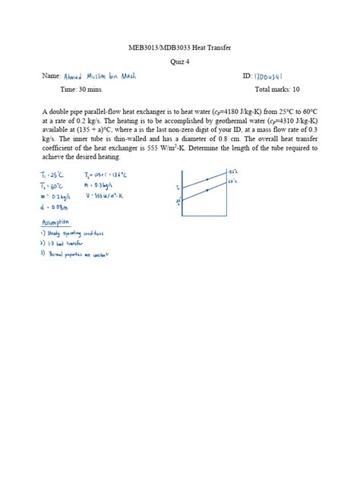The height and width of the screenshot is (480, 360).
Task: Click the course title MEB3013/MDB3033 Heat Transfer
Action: pyautogui.click(x=179, y=48)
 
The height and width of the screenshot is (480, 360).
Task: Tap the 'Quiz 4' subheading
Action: pyautogui.click(x=179, y=62)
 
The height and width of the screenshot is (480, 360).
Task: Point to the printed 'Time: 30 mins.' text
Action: pyautogui.click(x=81, y=89)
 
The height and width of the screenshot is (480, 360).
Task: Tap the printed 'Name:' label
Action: pyautogui.click(x=51, y=77)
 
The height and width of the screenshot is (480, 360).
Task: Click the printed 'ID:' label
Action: pyautogui.click(x=247, y=77)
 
